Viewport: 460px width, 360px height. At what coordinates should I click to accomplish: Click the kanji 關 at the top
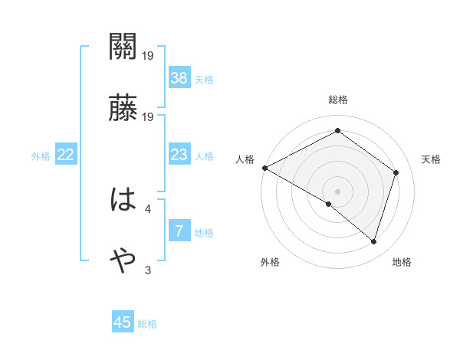tap(123, 48)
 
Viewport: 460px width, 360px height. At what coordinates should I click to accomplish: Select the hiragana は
tap(123, 201)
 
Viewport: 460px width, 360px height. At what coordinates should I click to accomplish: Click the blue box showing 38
tap(179, 77)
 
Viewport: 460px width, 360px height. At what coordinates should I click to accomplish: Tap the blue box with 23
tap(179, 155)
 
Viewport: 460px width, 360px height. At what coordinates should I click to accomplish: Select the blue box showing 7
tap(179, 231)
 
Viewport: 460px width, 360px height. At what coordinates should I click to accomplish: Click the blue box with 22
tap(66, 155)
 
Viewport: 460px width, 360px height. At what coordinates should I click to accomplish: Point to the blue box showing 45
tap(123, 322)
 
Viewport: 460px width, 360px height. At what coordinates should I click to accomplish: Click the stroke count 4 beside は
tap(148, 208)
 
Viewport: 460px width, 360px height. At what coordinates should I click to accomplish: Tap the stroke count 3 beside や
tap(148, 270)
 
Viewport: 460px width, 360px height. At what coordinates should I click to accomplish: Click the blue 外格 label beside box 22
tap(41, 156)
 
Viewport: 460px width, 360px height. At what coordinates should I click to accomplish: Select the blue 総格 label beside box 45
tap(147, 323)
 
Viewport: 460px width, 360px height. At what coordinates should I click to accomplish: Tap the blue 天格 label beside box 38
tap(204, 79)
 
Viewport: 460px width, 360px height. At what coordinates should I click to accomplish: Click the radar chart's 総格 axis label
tap(337, 100)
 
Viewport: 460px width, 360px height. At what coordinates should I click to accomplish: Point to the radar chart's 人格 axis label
tap(245, 159)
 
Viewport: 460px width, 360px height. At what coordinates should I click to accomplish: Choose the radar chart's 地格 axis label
tap(402, 263)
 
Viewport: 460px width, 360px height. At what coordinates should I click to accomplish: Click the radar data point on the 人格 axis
tap(264, 168)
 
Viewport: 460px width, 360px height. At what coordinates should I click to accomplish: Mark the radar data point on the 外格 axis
tap(329, 204)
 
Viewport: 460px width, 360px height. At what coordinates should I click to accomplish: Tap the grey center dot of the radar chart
tap(337, 191)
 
